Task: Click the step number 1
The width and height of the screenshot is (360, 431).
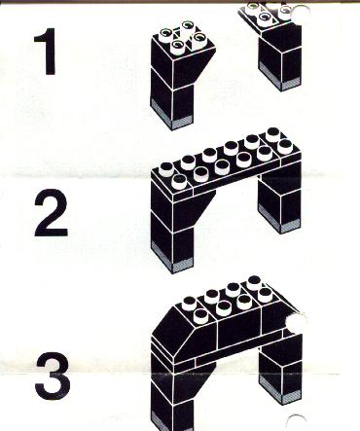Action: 46,52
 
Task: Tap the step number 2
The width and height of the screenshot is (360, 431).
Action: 51,213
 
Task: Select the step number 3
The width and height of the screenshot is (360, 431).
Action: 53,376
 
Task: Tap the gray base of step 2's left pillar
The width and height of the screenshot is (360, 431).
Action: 173,259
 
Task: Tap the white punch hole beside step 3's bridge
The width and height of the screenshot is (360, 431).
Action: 295,324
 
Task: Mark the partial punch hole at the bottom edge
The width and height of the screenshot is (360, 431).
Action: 296,422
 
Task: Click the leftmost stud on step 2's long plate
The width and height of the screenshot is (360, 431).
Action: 167,168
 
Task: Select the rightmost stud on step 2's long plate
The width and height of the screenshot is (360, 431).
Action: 285,146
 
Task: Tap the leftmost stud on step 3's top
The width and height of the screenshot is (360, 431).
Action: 188,304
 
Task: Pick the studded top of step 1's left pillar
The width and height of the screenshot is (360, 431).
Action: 184,41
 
